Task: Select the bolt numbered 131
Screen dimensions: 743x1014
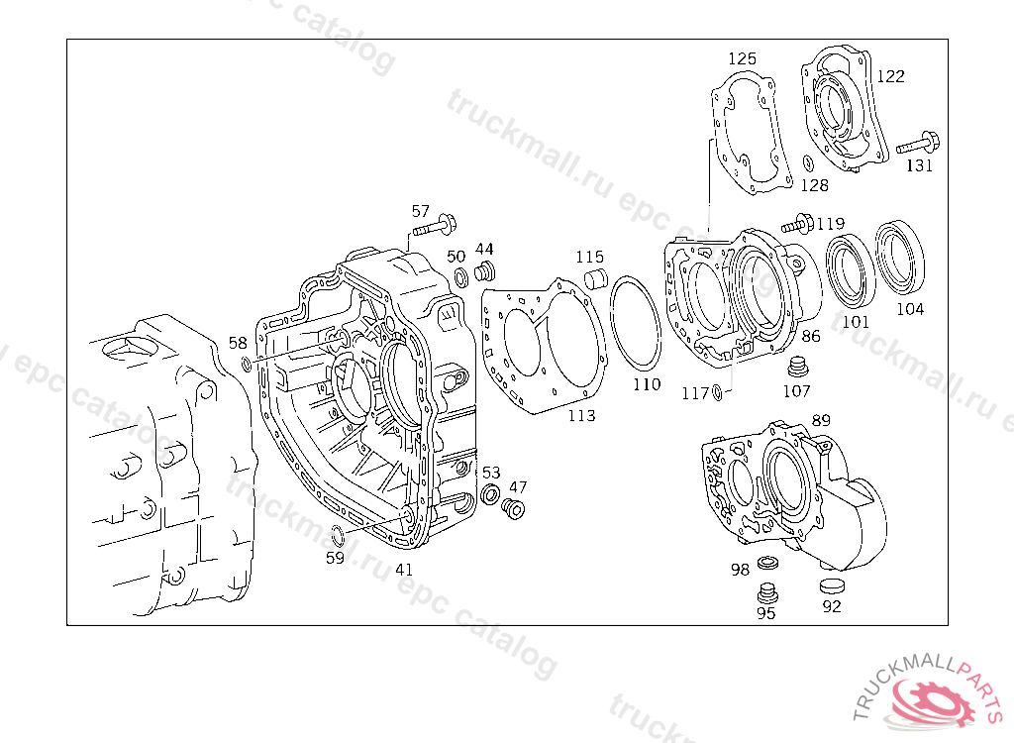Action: click(919, 143)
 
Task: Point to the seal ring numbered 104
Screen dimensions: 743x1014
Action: click(899, 259)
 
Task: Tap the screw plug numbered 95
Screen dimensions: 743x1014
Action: click(764, 594)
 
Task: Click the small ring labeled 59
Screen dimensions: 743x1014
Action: click(337, 536)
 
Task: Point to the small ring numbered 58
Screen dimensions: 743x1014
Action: click(247, 369)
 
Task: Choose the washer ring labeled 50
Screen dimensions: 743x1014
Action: click(460, 276)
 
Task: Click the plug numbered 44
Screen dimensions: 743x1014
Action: click(485, 271)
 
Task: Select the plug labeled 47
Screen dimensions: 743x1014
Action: click(513, 508)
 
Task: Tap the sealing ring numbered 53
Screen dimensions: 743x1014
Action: click(490, 493)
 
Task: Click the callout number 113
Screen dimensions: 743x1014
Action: click(581, 416)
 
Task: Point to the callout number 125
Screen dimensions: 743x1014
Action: click(742, 58)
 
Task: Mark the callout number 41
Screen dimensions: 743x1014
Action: click(404, 570)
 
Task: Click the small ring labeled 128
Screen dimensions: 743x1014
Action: click(808, 162)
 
